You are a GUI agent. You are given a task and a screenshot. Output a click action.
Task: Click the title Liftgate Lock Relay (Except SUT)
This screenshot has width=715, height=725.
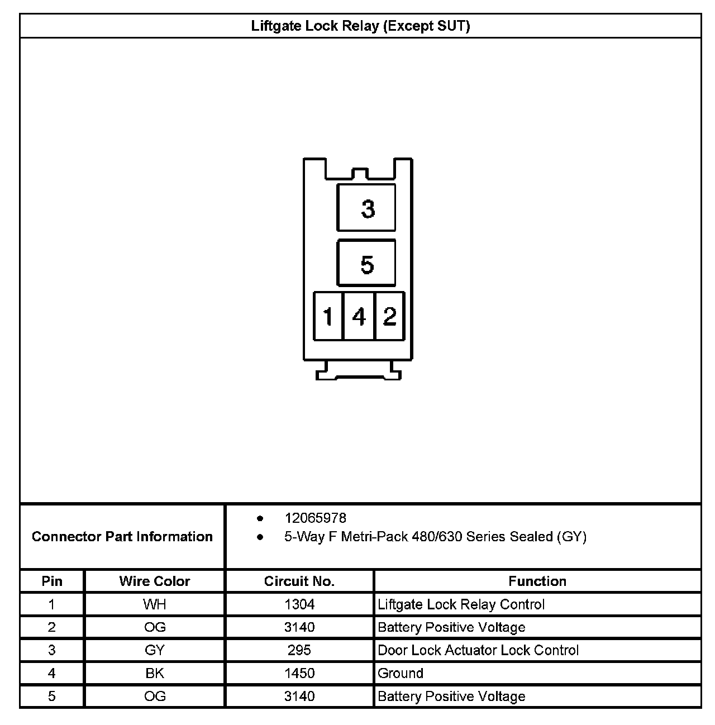pos(360,26)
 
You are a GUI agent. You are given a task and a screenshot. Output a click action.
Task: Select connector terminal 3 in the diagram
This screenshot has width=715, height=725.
pos(366,208)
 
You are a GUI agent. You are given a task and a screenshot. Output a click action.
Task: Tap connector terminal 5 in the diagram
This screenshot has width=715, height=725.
pos(366,263)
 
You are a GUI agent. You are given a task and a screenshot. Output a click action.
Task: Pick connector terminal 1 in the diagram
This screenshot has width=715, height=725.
pos(328,316)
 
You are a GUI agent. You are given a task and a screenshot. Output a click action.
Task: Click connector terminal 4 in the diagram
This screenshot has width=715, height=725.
pos(359,316)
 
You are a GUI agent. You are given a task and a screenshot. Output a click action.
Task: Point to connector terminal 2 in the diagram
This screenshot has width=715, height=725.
pos(389,316)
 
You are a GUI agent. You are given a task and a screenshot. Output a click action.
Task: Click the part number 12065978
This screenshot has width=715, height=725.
pos(315,518)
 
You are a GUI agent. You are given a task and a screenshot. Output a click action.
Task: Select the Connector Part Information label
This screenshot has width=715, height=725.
pos(122,537)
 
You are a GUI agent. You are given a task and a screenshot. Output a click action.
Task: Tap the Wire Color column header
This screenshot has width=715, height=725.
pos(155,581)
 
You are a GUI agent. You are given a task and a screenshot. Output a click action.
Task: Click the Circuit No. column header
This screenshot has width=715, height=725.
pos(299,581)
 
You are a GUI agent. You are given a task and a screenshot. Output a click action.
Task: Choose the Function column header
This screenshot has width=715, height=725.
pos(537,581)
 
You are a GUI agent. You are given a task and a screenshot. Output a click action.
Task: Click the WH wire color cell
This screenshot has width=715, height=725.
pos(155,604)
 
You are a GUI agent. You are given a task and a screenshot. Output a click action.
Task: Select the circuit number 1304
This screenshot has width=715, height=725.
pos(299,604)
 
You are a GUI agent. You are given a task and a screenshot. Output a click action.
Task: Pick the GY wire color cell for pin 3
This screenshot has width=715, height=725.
pos(155,650)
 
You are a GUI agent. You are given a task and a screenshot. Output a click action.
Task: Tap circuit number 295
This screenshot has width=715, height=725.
pos(299,650)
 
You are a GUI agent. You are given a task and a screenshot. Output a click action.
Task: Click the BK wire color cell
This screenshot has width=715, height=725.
pos(155,673)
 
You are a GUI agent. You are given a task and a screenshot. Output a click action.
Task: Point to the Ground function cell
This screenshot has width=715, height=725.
pos(401,673)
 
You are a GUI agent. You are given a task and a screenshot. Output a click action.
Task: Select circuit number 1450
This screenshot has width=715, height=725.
pos(299,673)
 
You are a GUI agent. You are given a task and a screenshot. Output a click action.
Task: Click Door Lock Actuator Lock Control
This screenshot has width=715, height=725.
pos(478,650)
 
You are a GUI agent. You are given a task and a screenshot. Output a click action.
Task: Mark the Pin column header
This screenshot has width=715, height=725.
pos(52,581)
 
